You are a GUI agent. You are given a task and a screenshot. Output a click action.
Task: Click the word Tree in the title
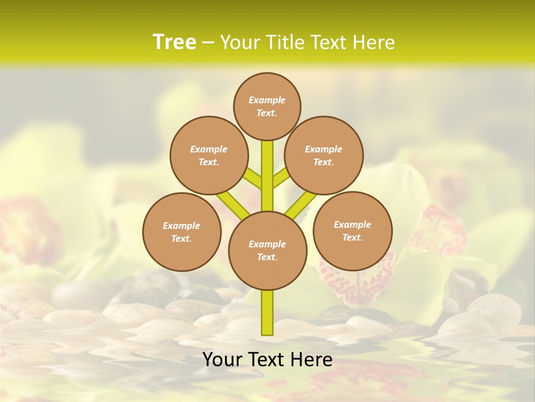[x=174, y=42]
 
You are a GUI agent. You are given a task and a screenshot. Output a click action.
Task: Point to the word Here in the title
[x=373, y=42]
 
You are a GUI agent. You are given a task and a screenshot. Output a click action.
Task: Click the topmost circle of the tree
[x=267, y=106]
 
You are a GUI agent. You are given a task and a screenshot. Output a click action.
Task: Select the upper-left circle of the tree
[x=208, y=155]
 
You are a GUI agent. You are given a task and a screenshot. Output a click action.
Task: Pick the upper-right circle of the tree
[x=323, y=155]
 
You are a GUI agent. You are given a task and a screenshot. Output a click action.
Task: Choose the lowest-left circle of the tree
[x=182, y=232]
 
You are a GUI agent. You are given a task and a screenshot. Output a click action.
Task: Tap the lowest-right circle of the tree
[x=352, y=231]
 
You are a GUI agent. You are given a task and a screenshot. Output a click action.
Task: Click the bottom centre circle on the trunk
[x=267, y=250]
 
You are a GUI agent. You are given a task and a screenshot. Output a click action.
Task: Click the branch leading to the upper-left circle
[x=253, y=179]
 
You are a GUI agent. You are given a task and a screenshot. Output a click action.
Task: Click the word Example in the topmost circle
[x=267, y=100]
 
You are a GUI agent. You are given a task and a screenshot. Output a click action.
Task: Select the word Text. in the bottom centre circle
[x=267, y=257]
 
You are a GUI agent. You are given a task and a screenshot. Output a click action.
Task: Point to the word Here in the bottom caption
[x=313, y=360]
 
